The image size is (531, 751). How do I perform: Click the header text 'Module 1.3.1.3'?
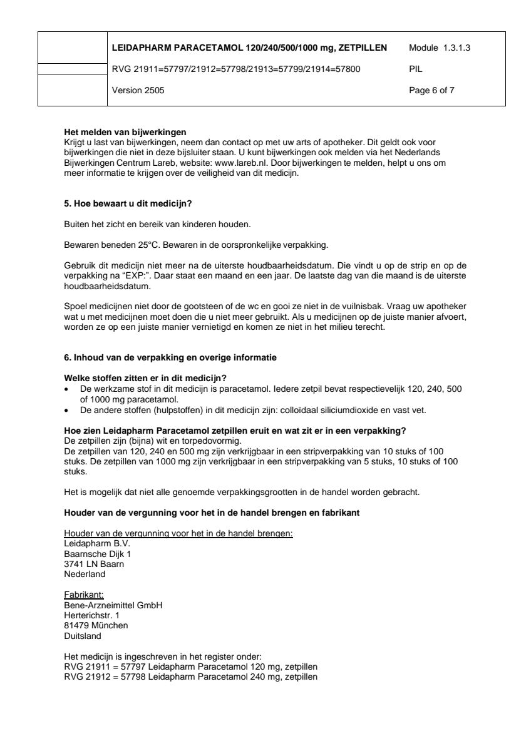tap(439, 48)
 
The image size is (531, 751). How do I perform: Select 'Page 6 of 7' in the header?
tap(431, 90)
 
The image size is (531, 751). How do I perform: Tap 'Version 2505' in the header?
tap(138, 90)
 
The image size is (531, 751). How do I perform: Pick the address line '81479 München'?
tap(96, 625)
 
